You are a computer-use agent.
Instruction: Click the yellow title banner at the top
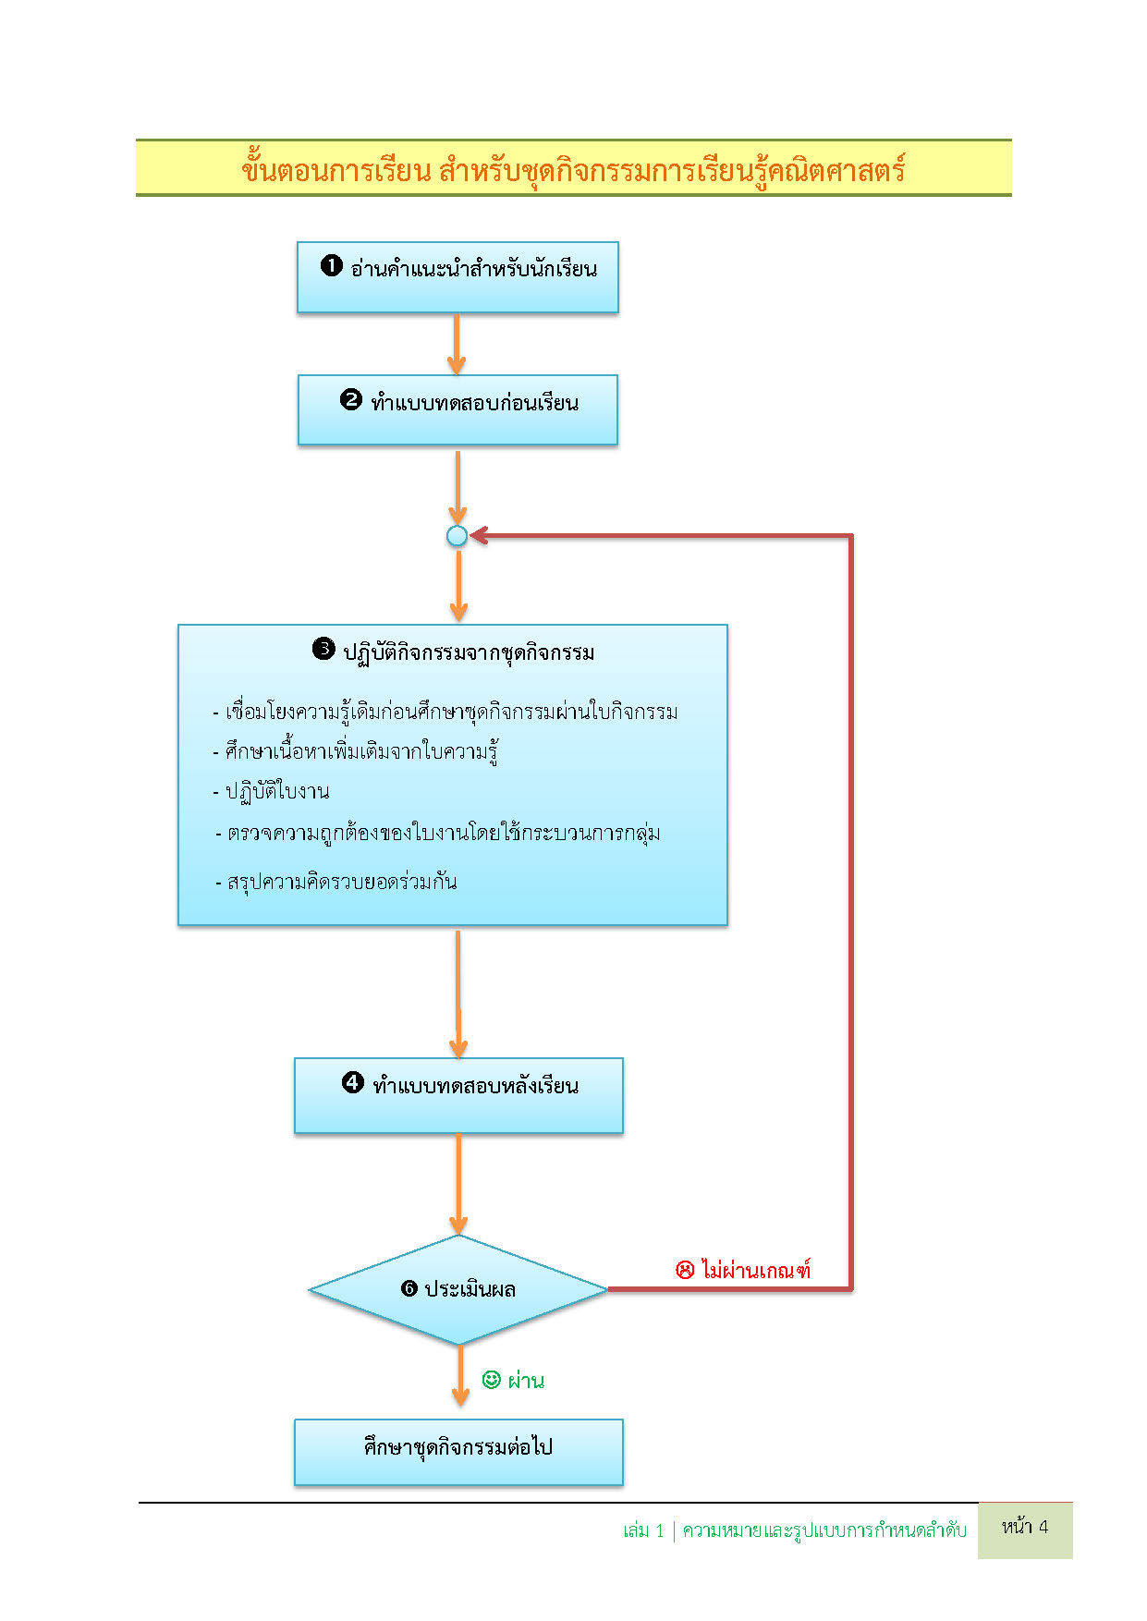point(573,168)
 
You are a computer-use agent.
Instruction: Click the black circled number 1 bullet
point(332,266)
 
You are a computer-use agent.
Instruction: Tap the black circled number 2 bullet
point(351,400)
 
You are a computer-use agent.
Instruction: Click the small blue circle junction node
point(457,536)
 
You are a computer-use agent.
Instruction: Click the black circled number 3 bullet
point(323,649)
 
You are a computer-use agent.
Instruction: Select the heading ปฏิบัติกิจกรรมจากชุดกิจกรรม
point(469,652)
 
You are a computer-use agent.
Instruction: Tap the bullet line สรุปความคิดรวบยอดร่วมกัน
point(341,882)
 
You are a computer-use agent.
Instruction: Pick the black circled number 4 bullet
point(353,1082)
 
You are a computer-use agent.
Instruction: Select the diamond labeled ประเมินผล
point(458,1290)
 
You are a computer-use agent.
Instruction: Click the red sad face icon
point(685,1270)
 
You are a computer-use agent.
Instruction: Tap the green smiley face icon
point(492,1380)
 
